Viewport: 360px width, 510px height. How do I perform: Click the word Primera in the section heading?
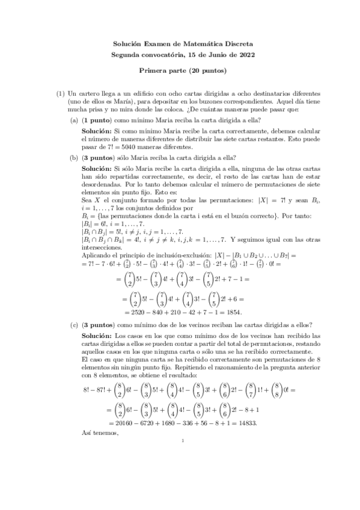tap(155, 71)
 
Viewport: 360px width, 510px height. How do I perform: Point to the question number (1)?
tap(60, 94)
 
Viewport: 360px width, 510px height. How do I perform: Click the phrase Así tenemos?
tap(97, 433)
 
